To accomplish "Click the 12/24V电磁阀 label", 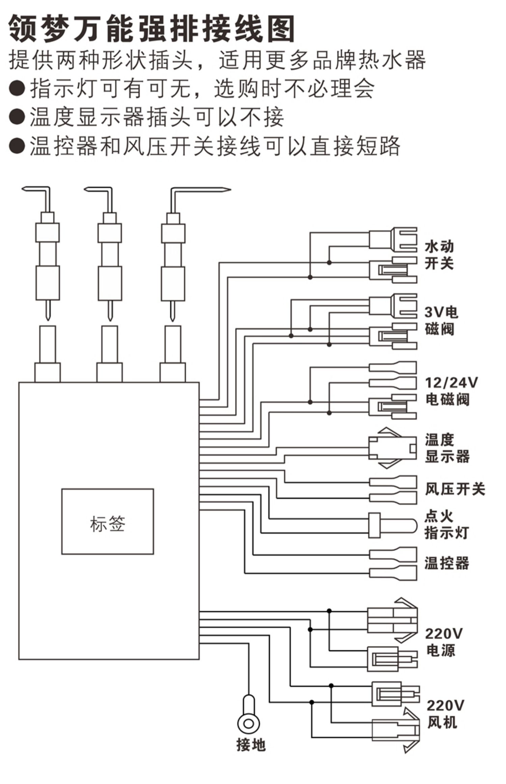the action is pos(451,391).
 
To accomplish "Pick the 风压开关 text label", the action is pos(455,489).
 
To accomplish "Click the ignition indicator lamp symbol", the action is pos(393,525).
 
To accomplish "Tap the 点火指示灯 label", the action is pos(446,524).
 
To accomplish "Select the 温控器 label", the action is pos(447,563).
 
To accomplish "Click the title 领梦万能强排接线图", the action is pos(152,29).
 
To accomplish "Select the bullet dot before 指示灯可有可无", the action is pos(17,89).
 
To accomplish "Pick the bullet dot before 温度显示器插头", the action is pos(17,117).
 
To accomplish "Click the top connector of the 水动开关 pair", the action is pos(393,239).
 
